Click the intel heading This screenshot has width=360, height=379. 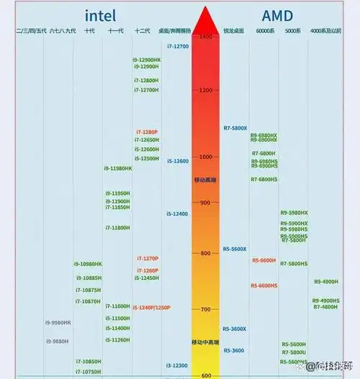pos(100,15)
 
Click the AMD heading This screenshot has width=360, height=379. pos(278,15)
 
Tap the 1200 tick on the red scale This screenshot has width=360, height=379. pos(206,90)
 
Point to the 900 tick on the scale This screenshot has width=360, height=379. pos(206,203)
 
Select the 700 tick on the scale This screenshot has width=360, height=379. pos(206,309)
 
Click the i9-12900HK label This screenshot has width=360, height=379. pos(147,59)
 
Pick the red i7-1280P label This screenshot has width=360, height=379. pos(147,132)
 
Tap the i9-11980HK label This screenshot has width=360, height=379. pos(118,168)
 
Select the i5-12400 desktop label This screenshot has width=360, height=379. pos(177,214)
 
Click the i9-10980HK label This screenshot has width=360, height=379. pos(88,264)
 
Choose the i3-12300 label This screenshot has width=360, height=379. pos(177,365)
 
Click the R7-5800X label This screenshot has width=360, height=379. pos(235,127)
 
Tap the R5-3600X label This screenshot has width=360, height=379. pos(235,329)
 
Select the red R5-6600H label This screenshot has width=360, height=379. pos(264,260)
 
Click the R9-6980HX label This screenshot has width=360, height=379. pos(264,134)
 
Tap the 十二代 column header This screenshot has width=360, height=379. pos(142,31)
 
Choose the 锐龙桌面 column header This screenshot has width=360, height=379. pos(234,31)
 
